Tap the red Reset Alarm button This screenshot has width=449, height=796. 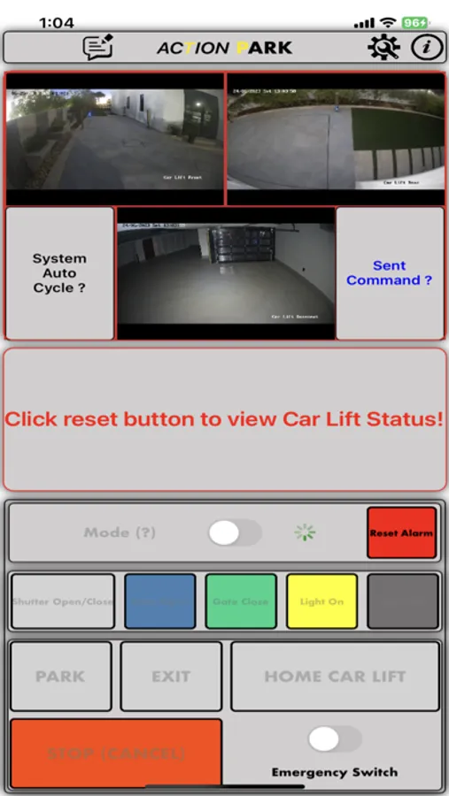pyautogui.click(x=401, y=533)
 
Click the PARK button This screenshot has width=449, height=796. pyautogui.click(x=60, y=677)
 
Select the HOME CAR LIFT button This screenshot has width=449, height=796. pyautogui.click(x=335, y=677)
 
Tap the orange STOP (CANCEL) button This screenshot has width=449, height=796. pyautogui.click(x=115, y=754)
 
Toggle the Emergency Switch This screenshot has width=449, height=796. pyautogui.click(x=334, y=739)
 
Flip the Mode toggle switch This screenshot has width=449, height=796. pyautogui.click(x=234, y=532)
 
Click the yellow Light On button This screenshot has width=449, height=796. pyautogui.click(x=321, y=601)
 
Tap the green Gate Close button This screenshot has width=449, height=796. pyautogui.click(x=241, y=601)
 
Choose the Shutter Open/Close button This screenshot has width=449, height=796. pyautogui.click(x=63, y=601)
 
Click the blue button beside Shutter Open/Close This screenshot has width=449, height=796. pyautogui.click(x=160, y=601)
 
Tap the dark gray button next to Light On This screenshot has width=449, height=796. pyautogui.click(x=403, y=601)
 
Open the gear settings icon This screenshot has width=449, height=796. pyautogui.click(x=383, y=48)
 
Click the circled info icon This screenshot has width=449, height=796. pyautogui.click(x=427, y=48)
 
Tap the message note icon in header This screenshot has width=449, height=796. pyautogui.click(x=98, y=48)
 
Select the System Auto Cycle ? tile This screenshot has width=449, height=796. pyautogui.click(x=59, y=273)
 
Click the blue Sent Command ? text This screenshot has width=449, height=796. pyautogui.click(x=389, y=273)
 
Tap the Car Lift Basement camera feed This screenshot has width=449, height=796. pyautogui.click(x=226, y=273)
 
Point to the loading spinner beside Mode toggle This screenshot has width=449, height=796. pyautogui.click(x=305, y=532)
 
